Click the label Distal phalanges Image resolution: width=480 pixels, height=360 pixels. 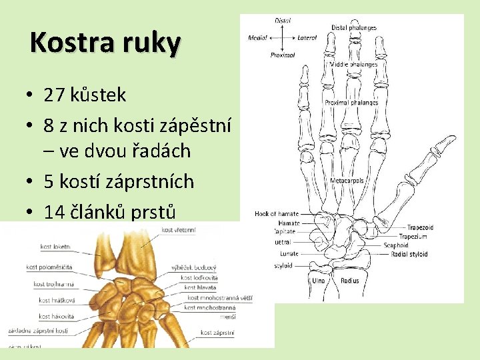coord(353,28)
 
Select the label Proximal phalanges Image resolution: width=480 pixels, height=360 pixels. coord(351,103)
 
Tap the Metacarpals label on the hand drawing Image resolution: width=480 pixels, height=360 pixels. coord(347,181)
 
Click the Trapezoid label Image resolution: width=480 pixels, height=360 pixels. coord(420,227)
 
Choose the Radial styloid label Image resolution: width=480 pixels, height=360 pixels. coord(409,254)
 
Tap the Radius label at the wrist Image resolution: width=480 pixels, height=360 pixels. coord(350,281)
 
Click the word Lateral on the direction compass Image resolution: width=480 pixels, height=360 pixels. coord(307,38)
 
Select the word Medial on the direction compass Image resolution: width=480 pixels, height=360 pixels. coord(258,38)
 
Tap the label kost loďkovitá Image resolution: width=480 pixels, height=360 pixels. coord(201,277)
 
